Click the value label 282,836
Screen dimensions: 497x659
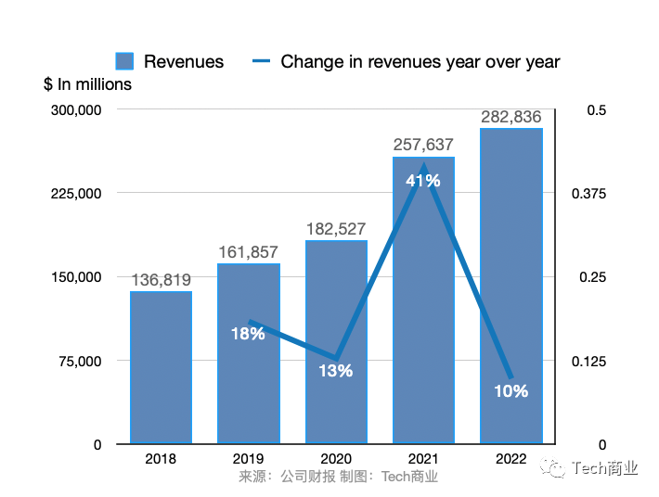click(x=511, y=118)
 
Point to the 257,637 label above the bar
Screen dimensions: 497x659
click(x=423, y=146)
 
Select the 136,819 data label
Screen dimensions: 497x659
click(x=161, y=280)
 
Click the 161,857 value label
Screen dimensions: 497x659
click(x=248, y=252)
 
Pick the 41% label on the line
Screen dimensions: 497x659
click(x=423, y=181)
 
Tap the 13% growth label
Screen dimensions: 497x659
click(x=336, y=371)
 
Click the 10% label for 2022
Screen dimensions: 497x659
click(x=510, y=391)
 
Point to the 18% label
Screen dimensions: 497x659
click(x=248, y=334)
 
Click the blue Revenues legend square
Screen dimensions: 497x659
click(x=125, y=62)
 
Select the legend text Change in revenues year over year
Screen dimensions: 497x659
click(x=420, y=62)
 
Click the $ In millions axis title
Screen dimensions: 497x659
click(x=87, y=84)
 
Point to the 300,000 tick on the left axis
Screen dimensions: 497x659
click(x=75, y=110)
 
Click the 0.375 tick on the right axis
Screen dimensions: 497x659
click(x=590, y=194)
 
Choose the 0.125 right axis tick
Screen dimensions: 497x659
click(x=590, y=361)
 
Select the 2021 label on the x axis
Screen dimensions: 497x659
click(x=423, y=459)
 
